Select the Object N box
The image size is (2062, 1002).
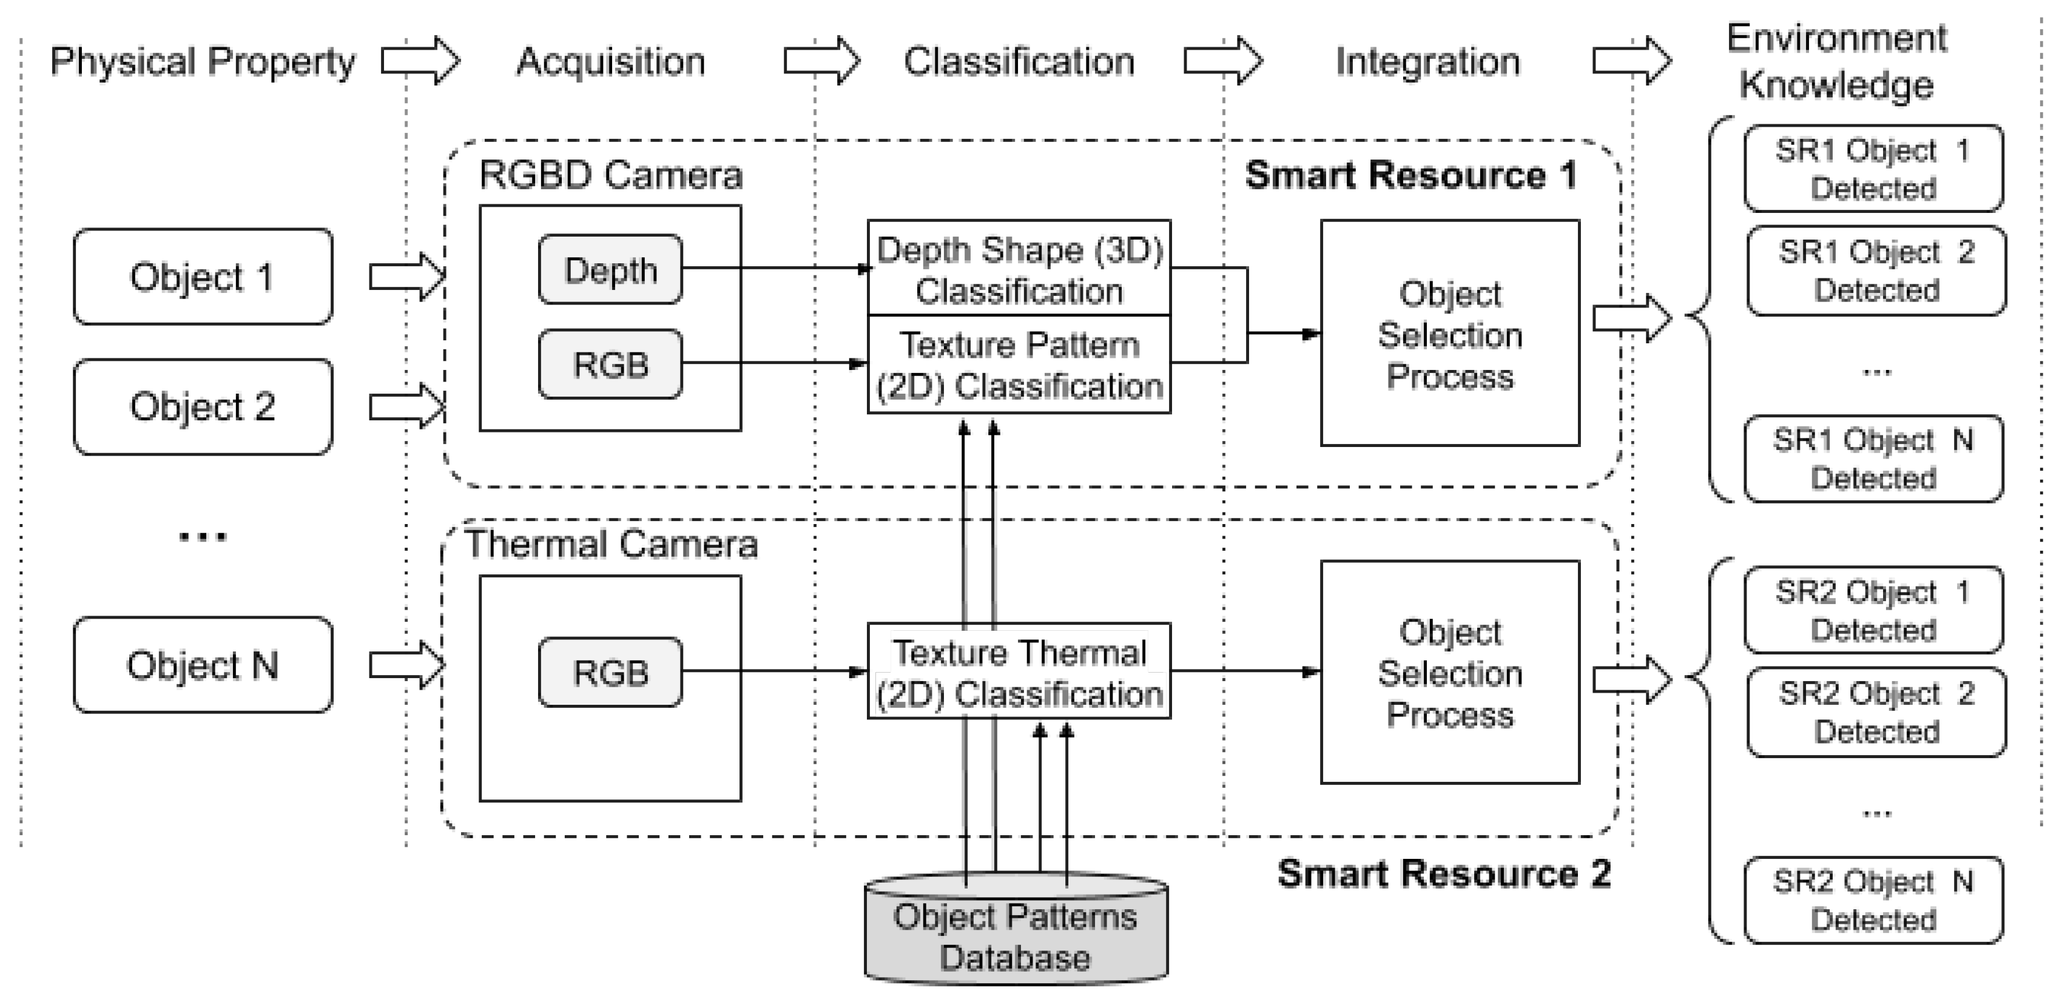tap(203, 665)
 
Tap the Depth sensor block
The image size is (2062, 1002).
tap(610, 270)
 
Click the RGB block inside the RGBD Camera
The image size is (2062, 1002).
tap(610, 364)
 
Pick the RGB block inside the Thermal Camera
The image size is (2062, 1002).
tap(610, 672)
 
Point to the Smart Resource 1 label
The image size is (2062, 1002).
tap(1410, 175)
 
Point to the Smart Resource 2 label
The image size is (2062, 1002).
tap(1444, 873)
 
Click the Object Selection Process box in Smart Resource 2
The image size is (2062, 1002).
tap(1450, 672)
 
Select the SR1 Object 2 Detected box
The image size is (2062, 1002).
tap(1876, 271)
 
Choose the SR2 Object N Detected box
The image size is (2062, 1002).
tap(1873, 900)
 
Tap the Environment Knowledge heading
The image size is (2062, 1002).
tap(1836, 62)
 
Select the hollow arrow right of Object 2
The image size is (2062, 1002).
tap(406, 406)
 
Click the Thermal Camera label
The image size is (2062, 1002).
tap(611, 544)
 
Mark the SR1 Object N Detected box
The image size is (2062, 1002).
tap(1873, 459)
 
